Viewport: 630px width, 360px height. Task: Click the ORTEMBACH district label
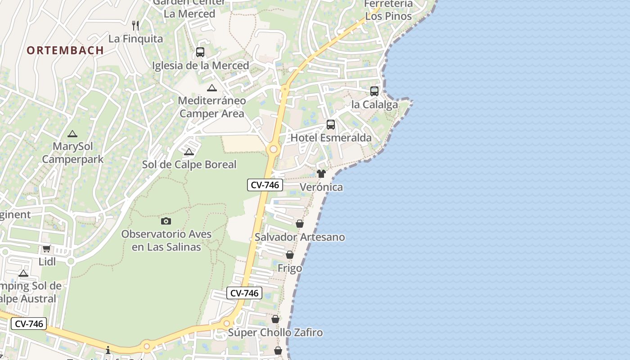click(x=65, y=50)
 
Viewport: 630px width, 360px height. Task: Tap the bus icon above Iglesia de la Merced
click(x=200, y=52)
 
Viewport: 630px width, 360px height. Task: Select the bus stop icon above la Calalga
click(x=374, y=91)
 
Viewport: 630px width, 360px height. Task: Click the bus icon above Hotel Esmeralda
click(x=331, y=125)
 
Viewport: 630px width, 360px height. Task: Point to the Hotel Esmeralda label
click(x=331, y=138)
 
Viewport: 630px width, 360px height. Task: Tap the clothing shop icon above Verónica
click(x=321, y=174)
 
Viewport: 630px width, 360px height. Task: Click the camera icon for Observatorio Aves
click(x=166, y=221)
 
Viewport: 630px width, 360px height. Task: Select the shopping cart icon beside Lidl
click(x=46, y=249)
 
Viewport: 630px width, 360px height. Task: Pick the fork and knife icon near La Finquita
click(x=135, y=25)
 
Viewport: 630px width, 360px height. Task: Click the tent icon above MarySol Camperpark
click(x=72, y=134)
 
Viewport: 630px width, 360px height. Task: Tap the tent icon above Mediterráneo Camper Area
click(x=211, y=88)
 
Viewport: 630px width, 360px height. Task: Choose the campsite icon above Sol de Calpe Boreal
click(x=189, y=152)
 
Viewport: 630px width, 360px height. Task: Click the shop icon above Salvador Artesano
click(x=300, y=224)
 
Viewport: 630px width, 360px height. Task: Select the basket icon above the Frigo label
click(x=290, y=255)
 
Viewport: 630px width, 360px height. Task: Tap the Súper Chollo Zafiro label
click(x=275, y=333)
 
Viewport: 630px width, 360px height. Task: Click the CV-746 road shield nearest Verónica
click(x=265, y=185)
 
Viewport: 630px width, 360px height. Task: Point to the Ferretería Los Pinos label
click(x=388, y=10)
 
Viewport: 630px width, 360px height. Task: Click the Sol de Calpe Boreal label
click(x=189, y=165)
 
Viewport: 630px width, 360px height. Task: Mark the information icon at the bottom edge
click(x=108, y=350)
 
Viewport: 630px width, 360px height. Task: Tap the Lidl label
click(x=47, y=261)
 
